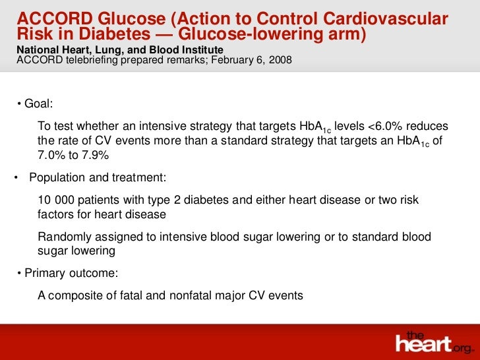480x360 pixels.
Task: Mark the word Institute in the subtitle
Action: [202, 50]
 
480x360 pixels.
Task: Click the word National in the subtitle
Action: [36, 50]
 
